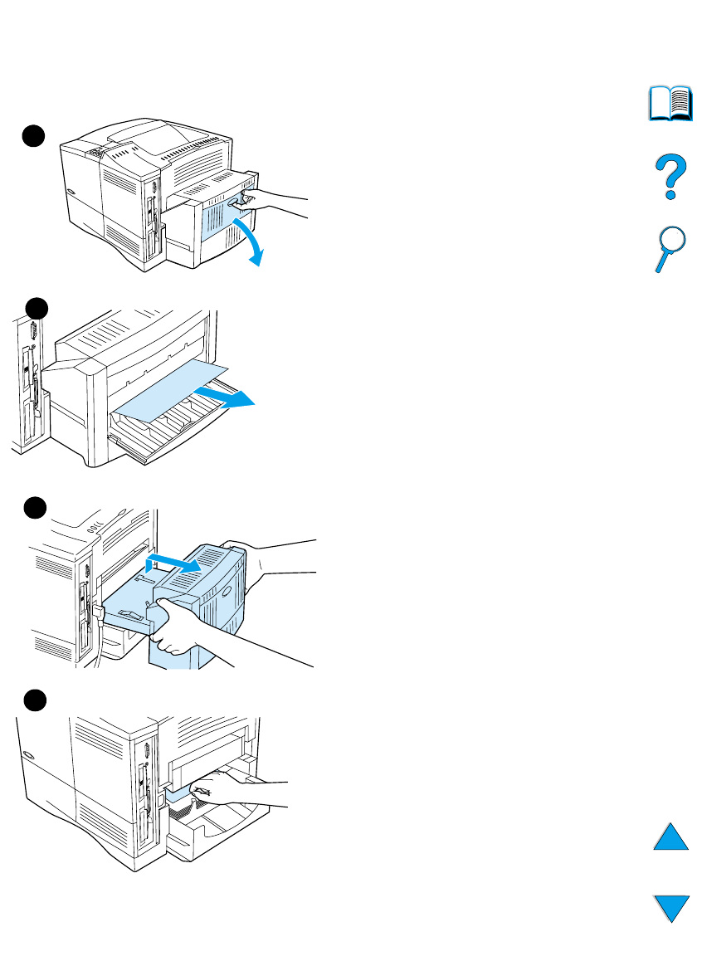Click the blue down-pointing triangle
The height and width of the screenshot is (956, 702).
(x=670, y=907)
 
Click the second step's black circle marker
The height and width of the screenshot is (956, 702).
(x=36, y=309)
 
